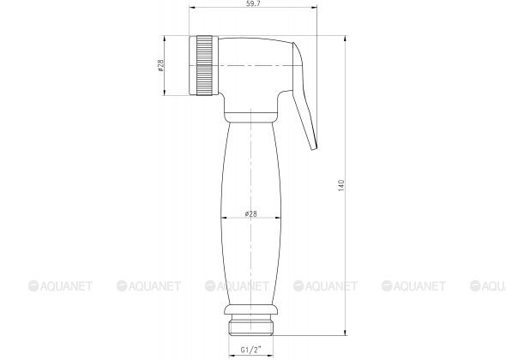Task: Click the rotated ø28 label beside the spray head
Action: tap(161, 68)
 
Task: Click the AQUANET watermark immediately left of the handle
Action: tap(148, 285)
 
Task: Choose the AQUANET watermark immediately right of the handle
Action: tap(327, 285)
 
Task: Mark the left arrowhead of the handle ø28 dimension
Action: tap(223, 219)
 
